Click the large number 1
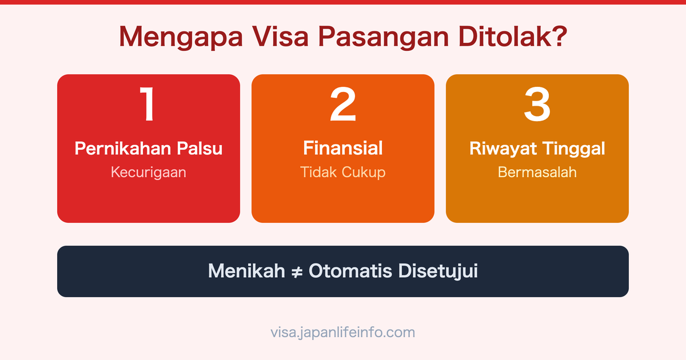(149, 105)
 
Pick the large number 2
(343, 105)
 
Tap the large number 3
(537, 105)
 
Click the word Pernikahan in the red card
(123, 149)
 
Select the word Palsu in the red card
(200, 149)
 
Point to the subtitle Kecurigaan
(149, 172)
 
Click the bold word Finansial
(343, 149)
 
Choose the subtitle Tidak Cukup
(343, 172)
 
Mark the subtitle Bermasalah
(537, 172)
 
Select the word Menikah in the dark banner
(246, 271)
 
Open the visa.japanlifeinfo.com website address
(343, 332)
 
